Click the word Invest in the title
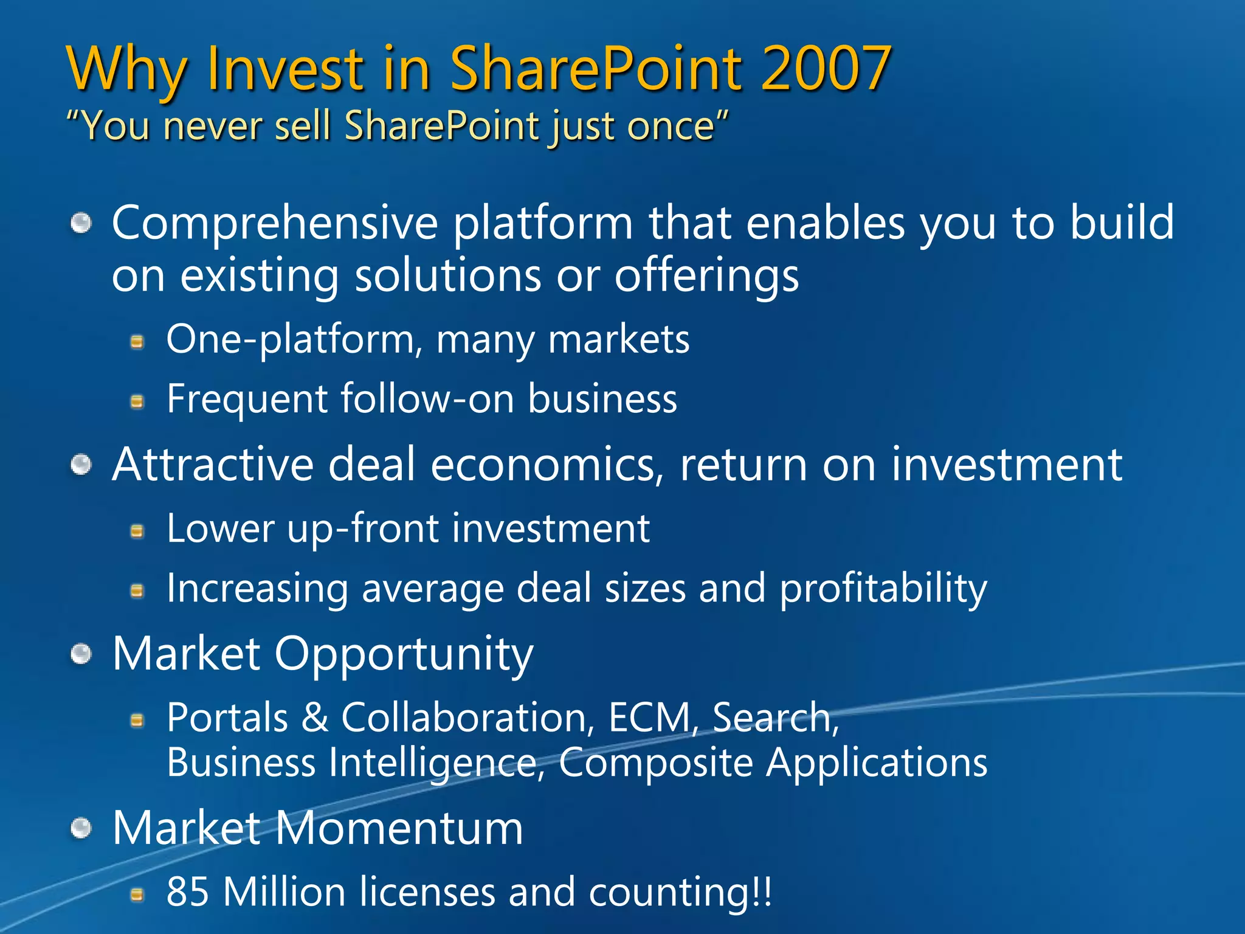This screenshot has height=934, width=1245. click(285, 68)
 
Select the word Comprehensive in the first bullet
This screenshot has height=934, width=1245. click(275, 224)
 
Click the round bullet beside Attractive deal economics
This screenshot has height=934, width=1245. click(81, 466)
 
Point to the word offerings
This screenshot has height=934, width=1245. click(706, 276)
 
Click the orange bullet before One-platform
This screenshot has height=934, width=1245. click(138, 342)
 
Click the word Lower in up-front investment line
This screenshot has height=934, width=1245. click(220, 528)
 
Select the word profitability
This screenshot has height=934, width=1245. click(883, 589)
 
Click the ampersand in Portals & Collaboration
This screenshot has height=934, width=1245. click(315, 718)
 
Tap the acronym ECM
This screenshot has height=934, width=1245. click(649, 718)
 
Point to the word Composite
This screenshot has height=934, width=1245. click(655, 763)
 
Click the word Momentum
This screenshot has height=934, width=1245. click(399, 828)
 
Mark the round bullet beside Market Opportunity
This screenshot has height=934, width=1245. click(81, 655)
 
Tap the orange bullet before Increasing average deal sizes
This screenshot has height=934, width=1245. click(138, 590)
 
